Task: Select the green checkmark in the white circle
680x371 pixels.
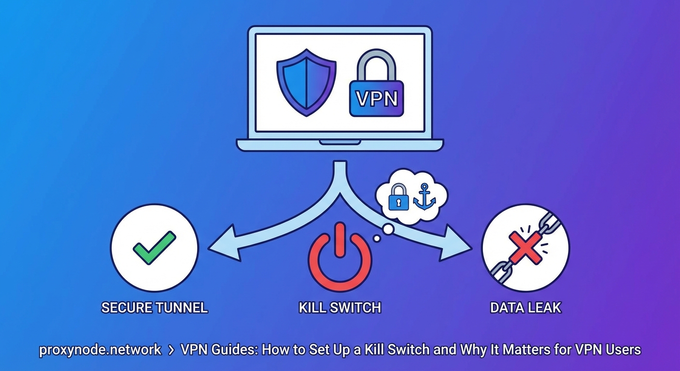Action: tap(155, 247)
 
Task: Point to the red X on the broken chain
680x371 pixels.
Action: tap(525, 247)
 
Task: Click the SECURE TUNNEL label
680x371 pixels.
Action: tap(155, 307)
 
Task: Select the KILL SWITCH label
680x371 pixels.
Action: tap(340, 307)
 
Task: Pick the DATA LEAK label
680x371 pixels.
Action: tap(526, 307)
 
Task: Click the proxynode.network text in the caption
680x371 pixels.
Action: tap(100, 350)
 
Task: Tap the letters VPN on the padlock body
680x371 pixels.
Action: tap(376, 99)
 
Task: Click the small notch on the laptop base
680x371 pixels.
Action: tap(340, 143)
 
